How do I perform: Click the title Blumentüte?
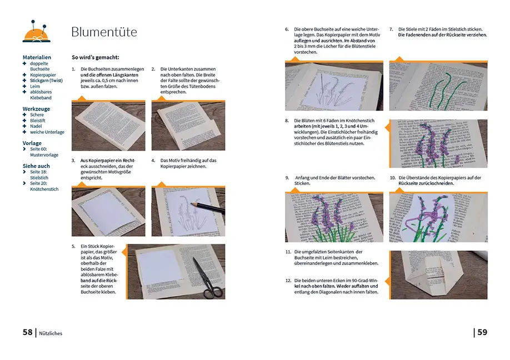pos(104,32)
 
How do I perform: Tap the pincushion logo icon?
pos(37,32)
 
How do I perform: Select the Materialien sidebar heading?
pos(37,57)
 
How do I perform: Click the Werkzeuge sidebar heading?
pos(37,109)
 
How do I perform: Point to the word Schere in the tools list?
pos(37,115)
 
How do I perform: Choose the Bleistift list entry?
pos(38,121)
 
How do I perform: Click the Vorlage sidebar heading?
pos(32,143)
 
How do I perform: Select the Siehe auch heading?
pos(36,166)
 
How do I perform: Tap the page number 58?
pos(27,332)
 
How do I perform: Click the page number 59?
pos(482,332)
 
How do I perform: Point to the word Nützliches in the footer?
pos(51,333)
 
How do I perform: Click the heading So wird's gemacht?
pos(95,57)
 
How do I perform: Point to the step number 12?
pos(288,281)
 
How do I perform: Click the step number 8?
pos(287,121)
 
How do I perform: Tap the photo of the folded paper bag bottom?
pos(438,274)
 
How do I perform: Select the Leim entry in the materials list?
pos(34,86)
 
